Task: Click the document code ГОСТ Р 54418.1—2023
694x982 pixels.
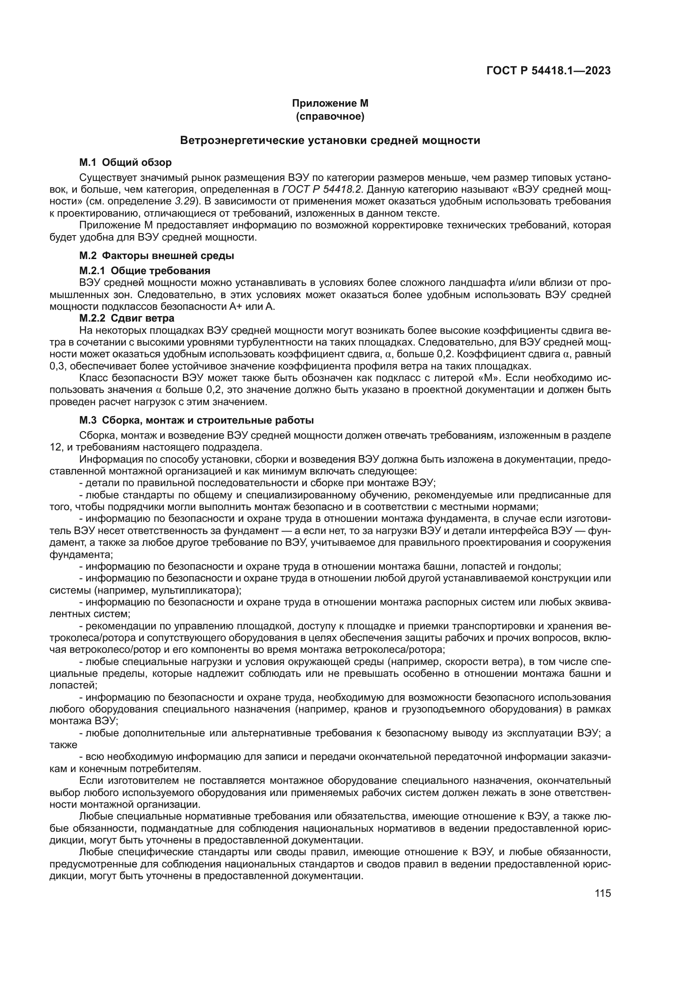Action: pyautogui.click(x=548, y=71)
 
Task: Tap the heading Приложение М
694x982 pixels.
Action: pyautogui.click(x=330, y=104)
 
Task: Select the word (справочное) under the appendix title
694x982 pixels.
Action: pyautogui.click(x=330, y=116)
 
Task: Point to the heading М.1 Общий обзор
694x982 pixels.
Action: pyautogui.click(x=125, y=162)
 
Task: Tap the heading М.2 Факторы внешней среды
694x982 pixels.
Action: pyautogui.click(x=157, y=256)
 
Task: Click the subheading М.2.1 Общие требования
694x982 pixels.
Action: pyautogui.click(x=144, y=271)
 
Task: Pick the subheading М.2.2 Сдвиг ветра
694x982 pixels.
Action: pyautogui.click(x=126, y=318)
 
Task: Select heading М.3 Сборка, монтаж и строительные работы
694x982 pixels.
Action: pyautogui.click(x=196, y=420)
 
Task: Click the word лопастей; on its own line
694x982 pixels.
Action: pyautogui.click(x=73, y=686)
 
